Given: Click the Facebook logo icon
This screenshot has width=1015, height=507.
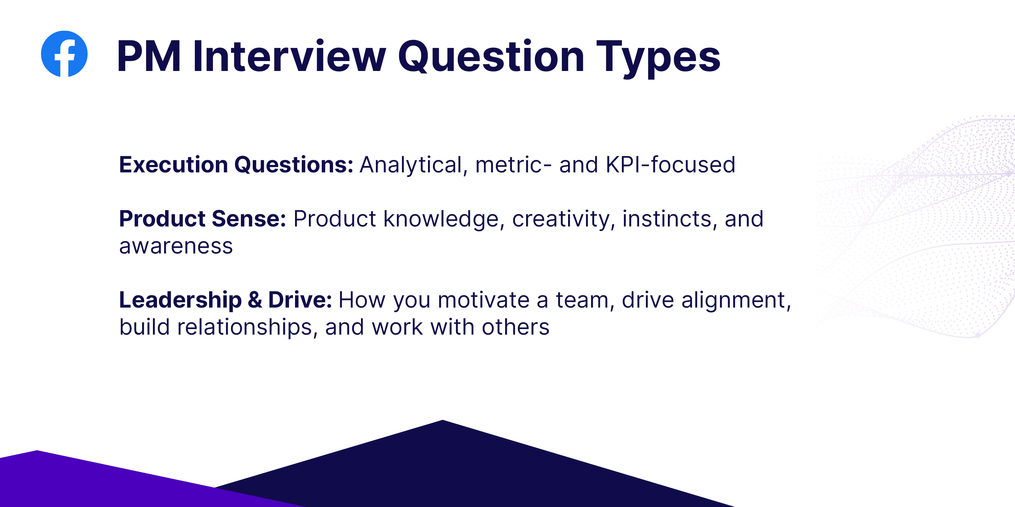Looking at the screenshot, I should pos(64,54).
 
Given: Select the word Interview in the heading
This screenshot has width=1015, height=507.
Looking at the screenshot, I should pos(289,57).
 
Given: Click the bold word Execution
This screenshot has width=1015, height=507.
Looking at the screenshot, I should pos(173,165).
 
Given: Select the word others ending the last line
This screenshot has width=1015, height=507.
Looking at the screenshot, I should pos(515,328).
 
